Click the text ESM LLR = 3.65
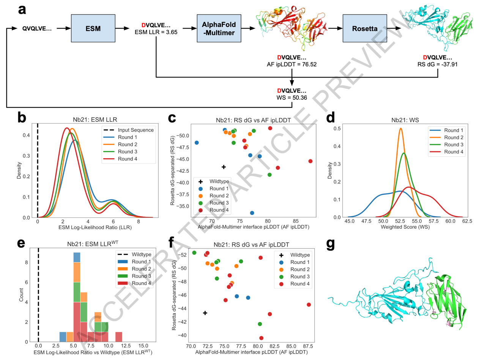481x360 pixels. (x=156, y=32)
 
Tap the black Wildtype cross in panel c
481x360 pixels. (x=224, y=167)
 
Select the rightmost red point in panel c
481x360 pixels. (x=311, y=161)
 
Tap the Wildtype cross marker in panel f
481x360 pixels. (x=205, y=313)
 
